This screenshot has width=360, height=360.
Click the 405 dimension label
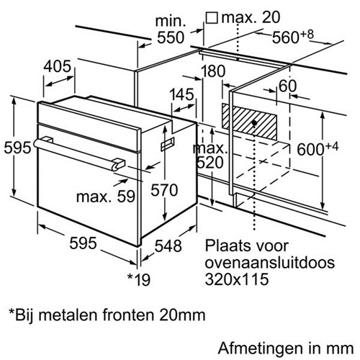(x=57, y=66)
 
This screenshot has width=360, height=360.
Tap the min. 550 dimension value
(x=171, y=30)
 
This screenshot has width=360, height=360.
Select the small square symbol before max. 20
(x=212, y=18)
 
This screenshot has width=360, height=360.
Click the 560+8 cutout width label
(x=293, y=36)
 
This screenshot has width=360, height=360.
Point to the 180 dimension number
(x=213, y=71)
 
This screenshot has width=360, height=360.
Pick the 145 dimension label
(x=181, y=94)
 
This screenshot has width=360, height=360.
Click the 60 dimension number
(x=288, y=86)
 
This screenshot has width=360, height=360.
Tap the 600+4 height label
(x=318, y=148)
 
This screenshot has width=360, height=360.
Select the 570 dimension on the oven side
(x=164, y=190)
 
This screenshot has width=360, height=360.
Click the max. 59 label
(x=106, y=197)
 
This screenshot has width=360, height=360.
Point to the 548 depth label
(x=168, y=246)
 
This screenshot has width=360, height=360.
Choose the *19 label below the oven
(x=139, y=279)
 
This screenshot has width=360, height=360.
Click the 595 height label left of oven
(x=17, y=148)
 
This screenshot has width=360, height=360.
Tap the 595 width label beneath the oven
(x=83, y=243)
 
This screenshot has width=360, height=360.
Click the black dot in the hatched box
(x=254, y=123)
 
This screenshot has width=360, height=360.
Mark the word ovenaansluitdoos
(x=270, y=262)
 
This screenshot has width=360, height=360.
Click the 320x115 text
(x=237, y=279)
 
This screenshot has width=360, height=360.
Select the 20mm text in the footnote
(x=182, y=315)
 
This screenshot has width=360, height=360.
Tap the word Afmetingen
(x=260, y=348)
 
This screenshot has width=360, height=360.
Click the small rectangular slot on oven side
(x=168, y=144)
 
